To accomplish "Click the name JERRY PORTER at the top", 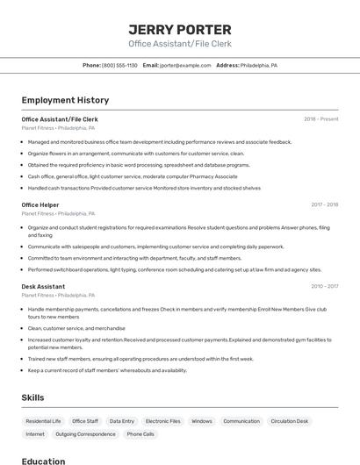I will click(x=180, y=30).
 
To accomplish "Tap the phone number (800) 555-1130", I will click(x=119, y=65).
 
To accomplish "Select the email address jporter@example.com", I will click(x=184, y=65).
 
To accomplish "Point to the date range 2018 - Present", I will click(x=320, y=118).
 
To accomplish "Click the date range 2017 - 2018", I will click(x=324, y=204).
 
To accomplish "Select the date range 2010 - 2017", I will click(x=324, y=286).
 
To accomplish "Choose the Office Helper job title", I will click(x=40, y=204).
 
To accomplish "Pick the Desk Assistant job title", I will click(x=43, y=286).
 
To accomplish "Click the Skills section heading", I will click(x=32, y=397).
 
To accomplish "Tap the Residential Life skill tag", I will click(x=43, y=421).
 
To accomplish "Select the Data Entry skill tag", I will click(x=122, y=421).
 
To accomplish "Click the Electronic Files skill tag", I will click(x=162, y=421).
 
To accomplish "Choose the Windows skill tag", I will click(x=202, y=421).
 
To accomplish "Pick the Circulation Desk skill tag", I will click(x=290, y=421).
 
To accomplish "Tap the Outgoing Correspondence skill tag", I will click(x=85, y=434).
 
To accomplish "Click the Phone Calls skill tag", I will click(x=140, y=434).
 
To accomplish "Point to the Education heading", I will click(x=43, y=461).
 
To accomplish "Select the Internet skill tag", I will click(x=35, y=434).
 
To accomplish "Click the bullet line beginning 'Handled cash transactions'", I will click(x=144, y=187).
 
